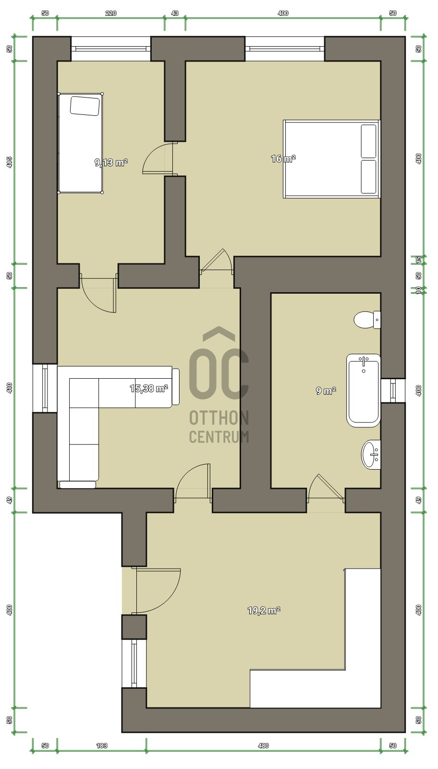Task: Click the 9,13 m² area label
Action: pyautogui.click(x=111, y=162)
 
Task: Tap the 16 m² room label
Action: pyautogui.click(x=283, y=159)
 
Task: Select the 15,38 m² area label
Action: pyautogui.click(x=149, y=388)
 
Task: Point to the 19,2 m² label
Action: pyautogui.click(x=264, y=610)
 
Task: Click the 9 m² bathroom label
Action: pyautogui.click(x=326, y=390)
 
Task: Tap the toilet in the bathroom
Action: pyautogui.click(x=367, y=320)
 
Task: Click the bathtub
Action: pyautogui.click(x=364, y=390)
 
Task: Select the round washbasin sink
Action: pyautogui.click(x=371, y=454)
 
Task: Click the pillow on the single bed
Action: pyautogui.click(x=85, y=105)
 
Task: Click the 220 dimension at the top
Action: pyautogui.click(x=111, y=13)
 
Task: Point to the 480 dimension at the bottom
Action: pyautogui.click(x=263, y=755)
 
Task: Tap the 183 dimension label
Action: pyautogui.click(x=102, y=755)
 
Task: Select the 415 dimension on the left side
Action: pyautogui.click(x=9, y=162)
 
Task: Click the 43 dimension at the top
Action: pyautogui.click(x=175, y=13)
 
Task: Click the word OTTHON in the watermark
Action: pyautogui.click(x=219, y=418)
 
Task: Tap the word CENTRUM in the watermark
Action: pyautogui.click(x=219, y=437)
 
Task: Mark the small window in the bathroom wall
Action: pyautogui.click(x=393, y=390)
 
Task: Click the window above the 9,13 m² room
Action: pyautogui.click(x=111, y=49)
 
